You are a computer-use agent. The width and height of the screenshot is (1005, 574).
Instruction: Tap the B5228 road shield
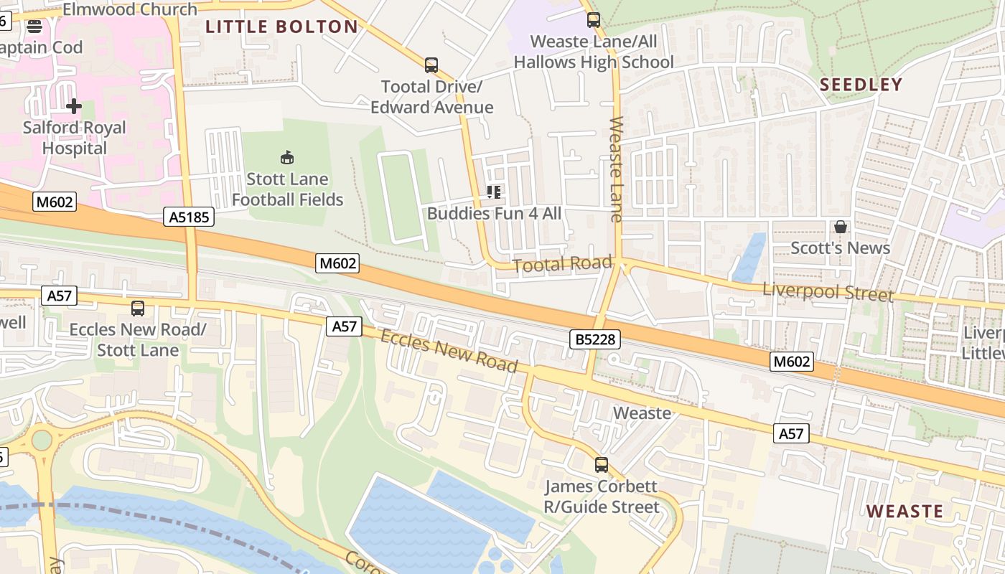tap(595, 339)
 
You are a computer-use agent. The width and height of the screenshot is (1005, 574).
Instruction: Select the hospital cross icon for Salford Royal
tap(74, 107)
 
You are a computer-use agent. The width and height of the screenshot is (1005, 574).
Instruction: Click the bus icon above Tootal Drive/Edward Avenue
tap(431, 65)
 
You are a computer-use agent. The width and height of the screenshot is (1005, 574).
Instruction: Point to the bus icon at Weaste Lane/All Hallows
tap(594, 20)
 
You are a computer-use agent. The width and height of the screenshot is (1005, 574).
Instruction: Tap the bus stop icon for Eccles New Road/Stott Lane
tap(138, 309)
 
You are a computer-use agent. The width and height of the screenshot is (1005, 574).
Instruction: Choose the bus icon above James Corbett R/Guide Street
tap(602, 465)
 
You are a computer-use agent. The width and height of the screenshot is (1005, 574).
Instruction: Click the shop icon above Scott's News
tap(840, 227)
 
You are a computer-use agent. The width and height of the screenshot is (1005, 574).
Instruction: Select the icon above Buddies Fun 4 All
tap(494, 192)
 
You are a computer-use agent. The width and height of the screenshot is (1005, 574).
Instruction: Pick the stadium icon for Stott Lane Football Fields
tap(287, 157)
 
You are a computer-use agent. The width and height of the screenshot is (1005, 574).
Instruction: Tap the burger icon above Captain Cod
tap(34, 27)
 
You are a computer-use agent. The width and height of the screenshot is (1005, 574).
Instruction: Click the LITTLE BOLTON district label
tap(281, 27)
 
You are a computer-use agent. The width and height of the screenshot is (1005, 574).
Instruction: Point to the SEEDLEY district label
tap(861, 85)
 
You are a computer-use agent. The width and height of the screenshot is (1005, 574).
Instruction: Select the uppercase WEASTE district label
tap(904, 512)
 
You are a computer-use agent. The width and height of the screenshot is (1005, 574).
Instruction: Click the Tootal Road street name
tap(562, 264)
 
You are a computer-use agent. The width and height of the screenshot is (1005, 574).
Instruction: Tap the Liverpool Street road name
tap(828, 292)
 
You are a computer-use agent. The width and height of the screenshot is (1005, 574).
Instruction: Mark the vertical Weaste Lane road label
tap(617, 169)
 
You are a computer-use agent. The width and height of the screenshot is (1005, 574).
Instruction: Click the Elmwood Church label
tap(130, 9)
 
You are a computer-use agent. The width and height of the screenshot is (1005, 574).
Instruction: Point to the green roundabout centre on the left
tap(42, 439)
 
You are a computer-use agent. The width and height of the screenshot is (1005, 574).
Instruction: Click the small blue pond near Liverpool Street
tap(749, 258)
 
